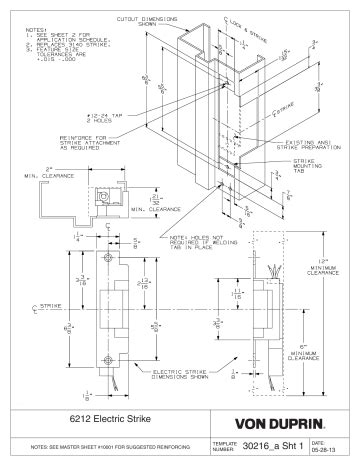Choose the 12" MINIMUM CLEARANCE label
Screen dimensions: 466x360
point(323,245)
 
